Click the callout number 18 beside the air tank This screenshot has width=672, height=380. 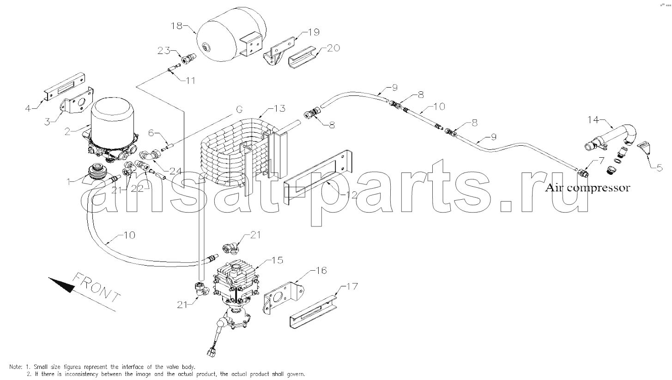[176, 26]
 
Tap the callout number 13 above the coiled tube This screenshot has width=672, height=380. [279, 108]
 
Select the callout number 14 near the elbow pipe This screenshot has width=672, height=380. [593, 120]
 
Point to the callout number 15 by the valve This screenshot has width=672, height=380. [277, 260]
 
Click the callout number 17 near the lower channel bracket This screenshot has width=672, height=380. [352, 286]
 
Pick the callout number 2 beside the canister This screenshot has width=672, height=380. [67, 131]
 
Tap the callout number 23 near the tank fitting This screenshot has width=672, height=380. [164, 51]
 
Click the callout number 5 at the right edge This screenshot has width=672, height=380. [660, 168]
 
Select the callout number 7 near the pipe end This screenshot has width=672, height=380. [593, 161]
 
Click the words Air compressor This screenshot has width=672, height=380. [587, 188]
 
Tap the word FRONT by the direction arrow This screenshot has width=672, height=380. [97, 288]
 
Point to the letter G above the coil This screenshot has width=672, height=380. [239, 110]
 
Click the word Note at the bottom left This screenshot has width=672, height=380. [16, 367]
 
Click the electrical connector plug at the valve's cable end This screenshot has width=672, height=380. [211, 352]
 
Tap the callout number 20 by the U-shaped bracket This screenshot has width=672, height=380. [333, 48]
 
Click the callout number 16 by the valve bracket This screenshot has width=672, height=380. [321, 270]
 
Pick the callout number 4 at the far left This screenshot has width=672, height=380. [28, 108]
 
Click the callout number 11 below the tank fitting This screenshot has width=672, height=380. [190, 81]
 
